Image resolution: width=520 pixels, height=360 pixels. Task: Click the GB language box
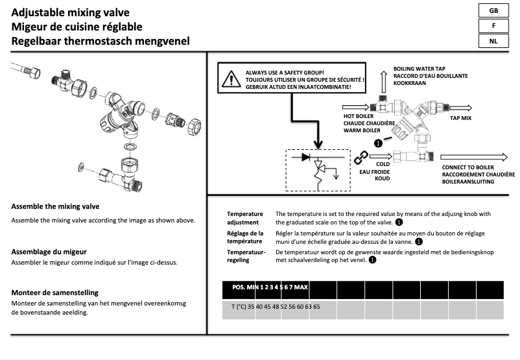tap(494, 11)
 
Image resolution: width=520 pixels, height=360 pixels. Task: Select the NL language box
tap(494, 41)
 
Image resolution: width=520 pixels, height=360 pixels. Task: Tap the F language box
tap(494, 26)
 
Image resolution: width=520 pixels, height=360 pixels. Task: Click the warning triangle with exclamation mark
tap(231, 79)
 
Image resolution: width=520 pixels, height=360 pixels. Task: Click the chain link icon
tap(360, 156)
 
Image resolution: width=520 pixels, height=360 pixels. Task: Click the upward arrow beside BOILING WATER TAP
tap(384, 81)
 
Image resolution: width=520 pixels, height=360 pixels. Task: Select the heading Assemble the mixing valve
tap(56, 207)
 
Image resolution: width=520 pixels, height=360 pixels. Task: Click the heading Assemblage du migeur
tap(49, 251)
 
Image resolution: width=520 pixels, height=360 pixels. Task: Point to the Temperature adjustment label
tap(245, 217)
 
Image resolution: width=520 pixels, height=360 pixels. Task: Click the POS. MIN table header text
tap(269, 287)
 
